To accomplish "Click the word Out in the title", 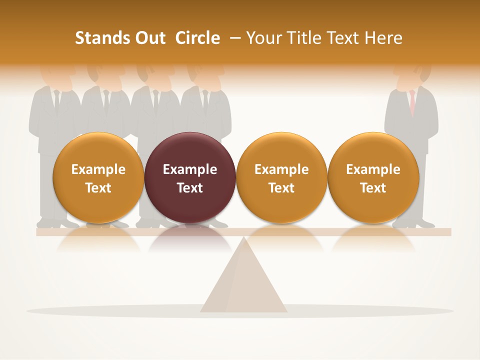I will (150, 38).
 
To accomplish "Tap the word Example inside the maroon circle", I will (190, 169).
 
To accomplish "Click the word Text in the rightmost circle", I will (373, 188).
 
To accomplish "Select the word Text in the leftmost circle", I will (98, 188).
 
